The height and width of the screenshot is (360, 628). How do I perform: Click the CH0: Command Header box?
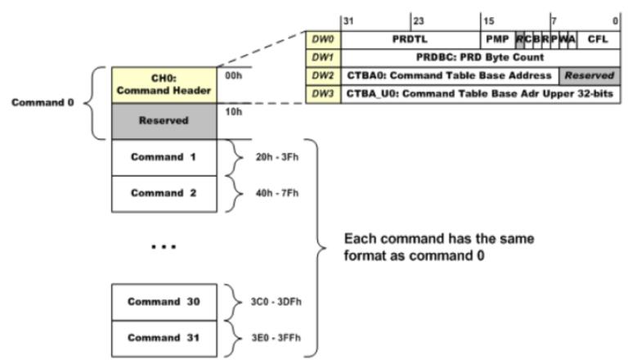[x=164, y=83]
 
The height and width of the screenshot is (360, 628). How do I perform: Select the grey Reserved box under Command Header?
[x=164, y=120]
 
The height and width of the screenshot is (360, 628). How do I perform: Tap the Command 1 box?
[x=164, y=156]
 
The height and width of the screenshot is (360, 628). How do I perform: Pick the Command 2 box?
[x=164, y=192]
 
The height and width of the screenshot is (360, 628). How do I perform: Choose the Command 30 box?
[x=164, y=301]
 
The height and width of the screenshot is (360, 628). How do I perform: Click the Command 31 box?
[x=164, y=337]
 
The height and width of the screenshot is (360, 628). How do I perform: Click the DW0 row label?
[x=321, y=38]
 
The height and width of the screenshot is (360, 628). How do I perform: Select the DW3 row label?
[x=321, y=94]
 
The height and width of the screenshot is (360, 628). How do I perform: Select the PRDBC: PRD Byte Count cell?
[x=479, y=57]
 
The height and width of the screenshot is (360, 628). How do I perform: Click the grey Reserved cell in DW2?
[x=589, y=75]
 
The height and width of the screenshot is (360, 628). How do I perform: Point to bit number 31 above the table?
[x=348, y=20]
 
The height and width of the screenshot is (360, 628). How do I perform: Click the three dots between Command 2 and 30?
[x=164, y=246]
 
